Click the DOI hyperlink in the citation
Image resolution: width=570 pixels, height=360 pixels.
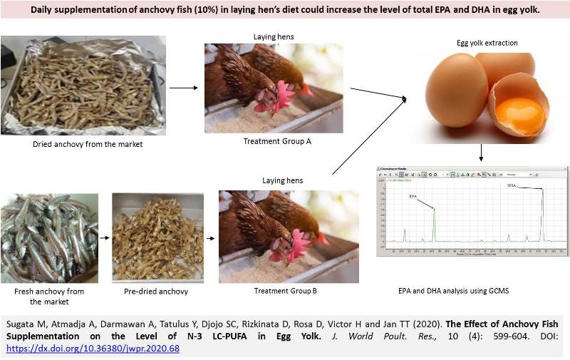[x=93, y=349]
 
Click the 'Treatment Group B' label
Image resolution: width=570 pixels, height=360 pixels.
[x=285, y=291]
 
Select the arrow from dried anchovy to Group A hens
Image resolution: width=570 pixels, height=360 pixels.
[x=184, y=88]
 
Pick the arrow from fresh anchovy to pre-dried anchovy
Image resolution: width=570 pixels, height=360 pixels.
[x=104, y=240]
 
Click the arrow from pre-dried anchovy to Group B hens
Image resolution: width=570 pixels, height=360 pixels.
[x=210, y=240]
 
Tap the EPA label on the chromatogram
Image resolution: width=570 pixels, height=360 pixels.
[x=413, y=196]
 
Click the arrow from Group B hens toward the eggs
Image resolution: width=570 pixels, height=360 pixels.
[x=368, y=135]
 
